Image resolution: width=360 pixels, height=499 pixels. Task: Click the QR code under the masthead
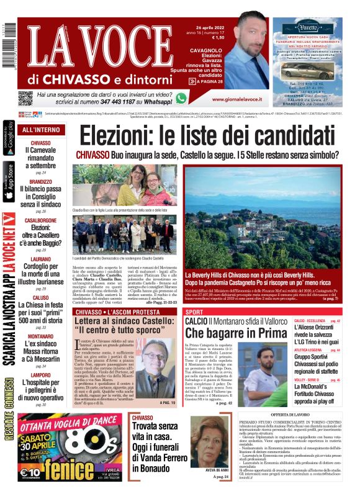(x=25, y=98)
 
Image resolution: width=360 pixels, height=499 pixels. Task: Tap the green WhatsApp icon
(x=181, y=98)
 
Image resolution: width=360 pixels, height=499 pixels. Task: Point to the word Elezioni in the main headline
(x=118, y=135)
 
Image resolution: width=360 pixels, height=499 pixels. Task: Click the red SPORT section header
(x=194, y=312)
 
